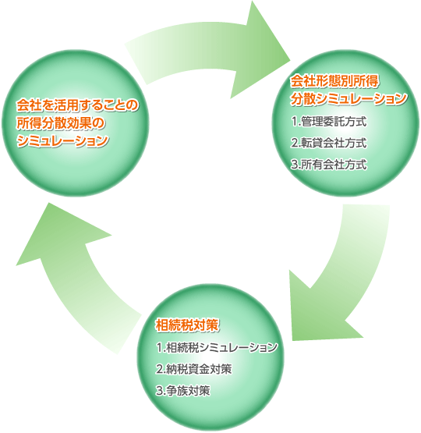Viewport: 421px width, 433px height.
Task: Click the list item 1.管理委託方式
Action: pos(329,122)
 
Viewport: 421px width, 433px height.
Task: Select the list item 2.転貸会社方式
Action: pos(329,143)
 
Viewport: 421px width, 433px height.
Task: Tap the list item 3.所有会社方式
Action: pos(329,165)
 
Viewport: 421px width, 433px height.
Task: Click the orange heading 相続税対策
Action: pos(187,325)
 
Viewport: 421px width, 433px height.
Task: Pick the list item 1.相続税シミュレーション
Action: pos(217,348)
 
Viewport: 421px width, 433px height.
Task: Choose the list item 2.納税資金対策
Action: pos(194,369)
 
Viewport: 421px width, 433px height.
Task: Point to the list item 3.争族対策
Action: pos(183,391)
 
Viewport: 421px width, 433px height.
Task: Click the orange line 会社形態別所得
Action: pos(334,81)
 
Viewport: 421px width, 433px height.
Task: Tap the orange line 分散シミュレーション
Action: pos(348,99)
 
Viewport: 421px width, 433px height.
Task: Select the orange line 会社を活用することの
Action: pos(77,105)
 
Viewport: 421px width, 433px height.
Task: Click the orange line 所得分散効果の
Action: pos(61,123)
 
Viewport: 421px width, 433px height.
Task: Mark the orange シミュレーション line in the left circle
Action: pos(62,141)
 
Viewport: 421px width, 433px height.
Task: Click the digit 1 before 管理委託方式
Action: pos(294,122)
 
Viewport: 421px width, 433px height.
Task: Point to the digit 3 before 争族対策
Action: pos(159,391)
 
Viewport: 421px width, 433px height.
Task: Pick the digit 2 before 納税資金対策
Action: pos(159,370)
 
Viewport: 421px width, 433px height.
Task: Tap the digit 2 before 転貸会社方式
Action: pos(294,144)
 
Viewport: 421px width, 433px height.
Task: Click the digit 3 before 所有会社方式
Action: pos(294,165)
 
